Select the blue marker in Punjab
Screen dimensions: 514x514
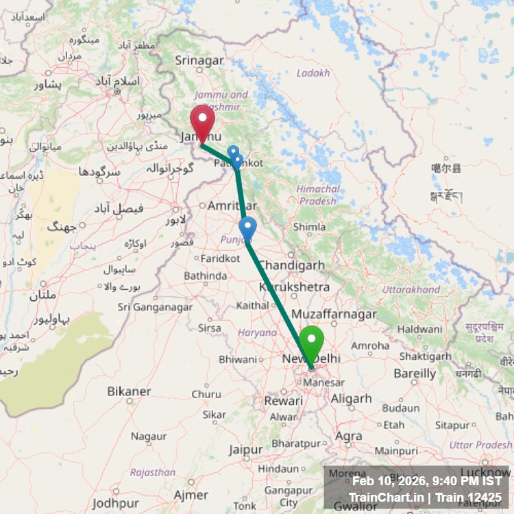point(247,229)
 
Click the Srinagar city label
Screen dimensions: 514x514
point(199,60)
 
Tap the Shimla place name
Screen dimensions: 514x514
point(309,227)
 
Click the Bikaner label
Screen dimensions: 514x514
point(129,391)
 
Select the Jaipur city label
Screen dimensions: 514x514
point(246,450)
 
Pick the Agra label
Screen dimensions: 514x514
point(350,436)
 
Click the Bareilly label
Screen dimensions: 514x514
point(415,374)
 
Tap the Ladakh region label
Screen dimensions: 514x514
point(313,73)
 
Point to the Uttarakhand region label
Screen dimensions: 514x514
point(411,289)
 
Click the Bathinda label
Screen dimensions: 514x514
point(205,276)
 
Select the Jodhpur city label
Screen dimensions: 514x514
point(114,503)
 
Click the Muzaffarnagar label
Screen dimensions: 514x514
point(334,314)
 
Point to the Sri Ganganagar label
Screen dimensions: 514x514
point(155,307)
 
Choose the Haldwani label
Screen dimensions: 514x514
point(419,329)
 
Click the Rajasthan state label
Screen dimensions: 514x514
point(153,472)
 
